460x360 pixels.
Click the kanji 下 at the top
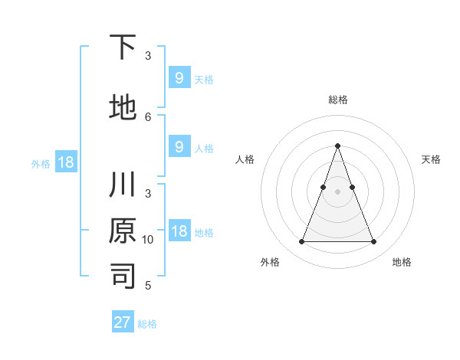[123, 48]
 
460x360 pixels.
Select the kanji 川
[123, 186]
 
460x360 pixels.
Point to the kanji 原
[123, 231]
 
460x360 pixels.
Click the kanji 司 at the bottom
[123, 277]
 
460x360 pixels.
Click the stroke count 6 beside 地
[148, 116]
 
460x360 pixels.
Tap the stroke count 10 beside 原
[148, 239]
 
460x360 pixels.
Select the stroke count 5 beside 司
[148, 286]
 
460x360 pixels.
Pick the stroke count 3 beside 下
[148, 56]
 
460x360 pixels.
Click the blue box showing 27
[123, 322]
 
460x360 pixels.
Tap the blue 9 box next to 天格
[179, 77]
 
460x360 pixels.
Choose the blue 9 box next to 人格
[179, 147]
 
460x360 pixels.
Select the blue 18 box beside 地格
[179, 231]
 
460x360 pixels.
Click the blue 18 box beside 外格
[65, 162]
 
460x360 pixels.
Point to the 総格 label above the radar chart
[337, 100]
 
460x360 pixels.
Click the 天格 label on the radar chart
[431, 159]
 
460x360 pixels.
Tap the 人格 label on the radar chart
[245, 159]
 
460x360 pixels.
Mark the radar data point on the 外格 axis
[301, 242]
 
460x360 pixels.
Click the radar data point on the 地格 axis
[373, 242]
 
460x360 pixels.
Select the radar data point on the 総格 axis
[337, 146]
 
